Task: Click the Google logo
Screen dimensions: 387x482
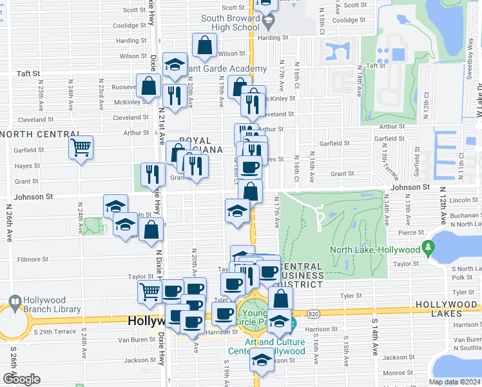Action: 21,379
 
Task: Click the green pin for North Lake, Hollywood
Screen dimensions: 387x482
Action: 428,247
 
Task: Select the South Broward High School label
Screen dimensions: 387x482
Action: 230,23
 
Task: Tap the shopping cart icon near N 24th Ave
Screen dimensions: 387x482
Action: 81,147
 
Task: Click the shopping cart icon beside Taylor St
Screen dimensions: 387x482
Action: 150,291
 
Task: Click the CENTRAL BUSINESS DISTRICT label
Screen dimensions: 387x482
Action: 300,275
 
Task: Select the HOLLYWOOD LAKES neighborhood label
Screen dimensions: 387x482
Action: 447,304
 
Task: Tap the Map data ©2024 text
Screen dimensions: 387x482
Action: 454,381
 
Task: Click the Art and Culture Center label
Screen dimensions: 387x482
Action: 266,346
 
